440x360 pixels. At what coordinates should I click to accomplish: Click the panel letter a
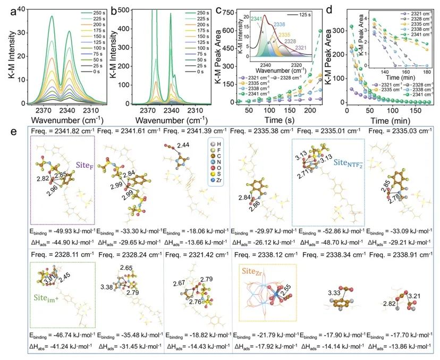[5, 7]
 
